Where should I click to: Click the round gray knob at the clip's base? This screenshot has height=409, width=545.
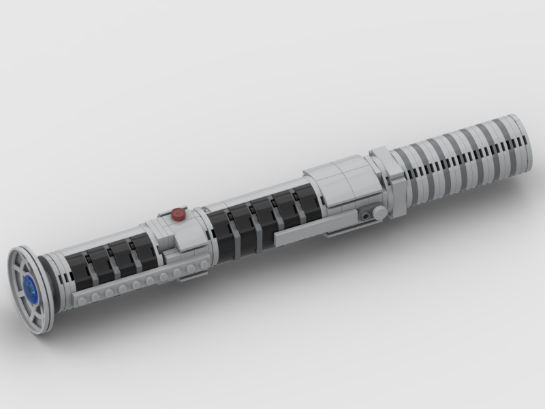(379, 213)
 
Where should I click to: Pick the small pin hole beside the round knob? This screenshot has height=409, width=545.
(368, 214)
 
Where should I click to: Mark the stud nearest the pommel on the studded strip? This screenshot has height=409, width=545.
(82, 301)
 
